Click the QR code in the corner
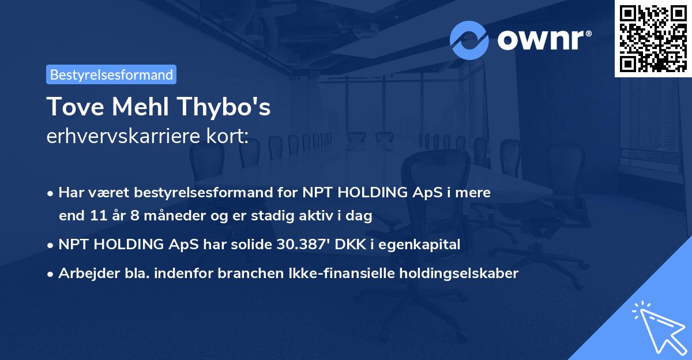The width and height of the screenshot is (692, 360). (653, 38)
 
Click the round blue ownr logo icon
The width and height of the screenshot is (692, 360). (469, 40)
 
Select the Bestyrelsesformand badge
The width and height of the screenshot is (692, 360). (111, 74)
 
